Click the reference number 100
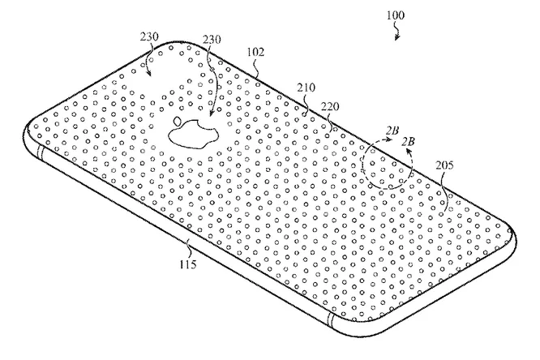[396, 15]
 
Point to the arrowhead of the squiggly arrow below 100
[396, 37]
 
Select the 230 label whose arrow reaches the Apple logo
[212, 39]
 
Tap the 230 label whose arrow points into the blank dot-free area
[149, 36]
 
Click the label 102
[256, 52]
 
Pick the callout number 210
[306, 88]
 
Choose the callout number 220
[330, 107]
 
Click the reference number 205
[444, 165]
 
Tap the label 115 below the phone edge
[188, 264]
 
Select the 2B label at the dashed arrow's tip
[392, 131]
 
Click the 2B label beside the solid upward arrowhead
[408, 141]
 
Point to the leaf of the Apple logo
[178, 121]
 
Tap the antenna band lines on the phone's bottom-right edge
[331, 319]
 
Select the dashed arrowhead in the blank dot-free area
[148, 73]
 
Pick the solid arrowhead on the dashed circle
[409, 152]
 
